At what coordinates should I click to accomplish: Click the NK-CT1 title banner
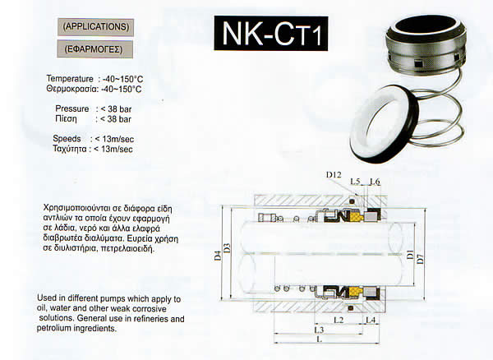tap(271, 34)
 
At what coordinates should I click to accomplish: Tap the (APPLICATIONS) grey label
tap(95, 27)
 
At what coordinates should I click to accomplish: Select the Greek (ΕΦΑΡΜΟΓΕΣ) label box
tap(95, 49)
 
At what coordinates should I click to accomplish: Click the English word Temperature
tap(70, 79)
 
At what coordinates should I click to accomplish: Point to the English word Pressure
tap(72, 108)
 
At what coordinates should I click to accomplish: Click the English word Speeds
tap(67, 139)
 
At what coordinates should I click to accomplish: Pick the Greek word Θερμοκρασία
tap(72, 89)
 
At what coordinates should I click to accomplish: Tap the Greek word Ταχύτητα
tap(70, 149)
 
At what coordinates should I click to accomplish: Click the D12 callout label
tap(334, 174)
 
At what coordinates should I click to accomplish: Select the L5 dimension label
tap(355, 182)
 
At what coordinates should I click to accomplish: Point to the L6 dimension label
tap(374, 182)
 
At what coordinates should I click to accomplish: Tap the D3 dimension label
tap(227, 248)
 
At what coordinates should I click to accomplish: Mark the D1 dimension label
tap(410, 254)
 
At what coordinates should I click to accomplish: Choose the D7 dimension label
tap(420, 258)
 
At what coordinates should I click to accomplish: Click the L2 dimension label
tap(339, 320)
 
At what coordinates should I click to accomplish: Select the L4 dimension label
tap(371, 320)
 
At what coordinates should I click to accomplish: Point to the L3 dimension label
tap(319, 330)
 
